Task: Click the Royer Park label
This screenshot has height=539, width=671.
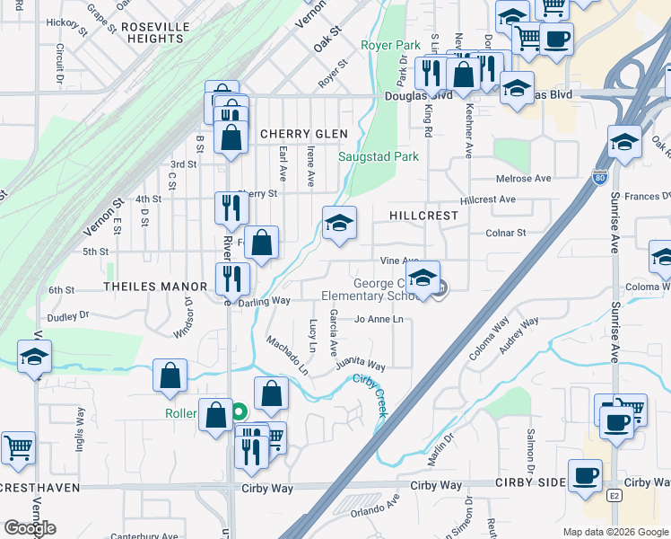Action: [390, 45]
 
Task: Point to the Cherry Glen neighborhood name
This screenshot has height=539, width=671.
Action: [303, 134]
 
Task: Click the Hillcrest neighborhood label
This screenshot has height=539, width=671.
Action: [424, 216]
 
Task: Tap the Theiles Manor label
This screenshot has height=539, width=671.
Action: [155, 287]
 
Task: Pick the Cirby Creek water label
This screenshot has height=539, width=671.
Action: [368, 393]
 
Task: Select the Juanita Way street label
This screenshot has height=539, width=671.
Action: [361, 366]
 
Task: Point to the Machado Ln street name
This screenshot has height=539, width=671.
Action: [287, 356]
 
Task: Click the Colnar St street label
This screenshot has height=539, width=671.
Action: [505, 233]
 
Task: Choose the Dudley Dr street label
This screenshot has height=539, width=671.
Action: [69, 315]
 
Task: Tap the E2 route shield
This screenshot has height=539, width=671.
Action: [614, 495]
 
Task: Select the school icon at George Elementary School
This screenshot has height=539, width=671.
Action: [423, 276]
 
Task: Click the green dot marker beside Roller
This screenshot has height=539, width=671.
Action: [239, 413]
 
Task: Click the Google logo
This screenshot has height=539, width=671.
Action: [30, 528]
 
